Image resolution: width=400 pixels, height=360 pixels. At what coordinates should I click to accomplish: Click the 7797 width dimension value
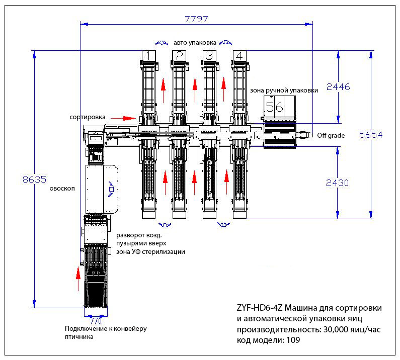pyautogui.click(x=196, y=19)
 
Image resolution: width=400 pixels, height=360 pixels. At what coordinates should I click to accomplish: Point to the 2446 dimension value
pyautogui.click(x=338, y=86)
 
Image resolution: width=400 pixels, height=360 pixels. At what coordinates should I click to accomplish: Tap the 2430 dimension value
pyautogui.click(x=338, y=183)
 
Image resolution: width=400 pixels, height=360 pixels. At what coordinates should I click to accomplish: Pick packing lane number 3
pyautogui.click(x=209, y=56)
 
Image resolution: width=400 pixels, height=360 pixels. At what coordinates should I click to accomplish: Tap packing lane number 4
pyautogui.click(x=239, y=56)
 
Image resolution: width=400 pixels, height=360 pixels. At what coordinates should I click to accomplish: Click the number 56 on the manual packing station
pyautogui.click(x=275, y=107)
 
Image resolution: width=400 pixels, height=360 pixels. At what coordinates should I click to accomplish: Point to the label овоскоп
pyautogui.click(x=62, y=189)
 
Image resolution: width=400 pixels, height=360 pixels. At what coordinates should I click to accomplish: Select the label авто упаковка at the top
pyautogui.click(x=195, y=43)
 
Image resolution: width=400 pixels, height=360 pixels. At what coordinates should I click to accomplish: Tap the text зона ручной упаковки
pyautogui.click(x=284, y=91)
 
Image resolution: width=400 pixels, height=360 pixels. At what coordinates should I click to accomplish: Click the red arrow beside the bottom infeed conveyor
pyautogui.click(x=78, y=279)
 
